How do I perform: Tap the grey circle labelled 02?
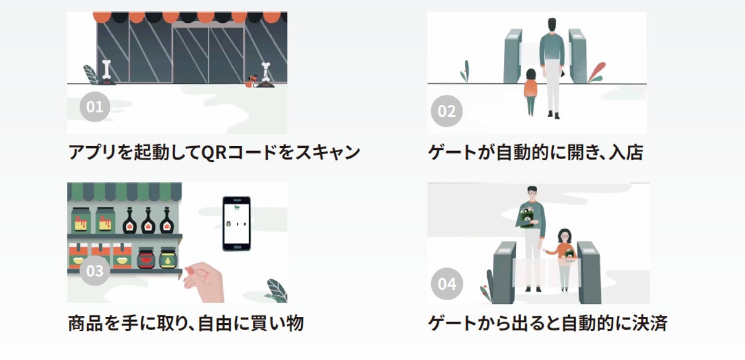point(447,112)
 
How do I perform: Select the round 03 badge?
point(94,271)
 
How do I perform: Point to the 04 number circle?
point(447,284)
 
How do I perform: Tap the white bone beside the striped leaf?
point(107,69)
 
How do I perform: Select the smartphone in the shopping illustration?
point(236,223)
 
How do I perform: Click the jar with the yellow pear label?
point(167,258)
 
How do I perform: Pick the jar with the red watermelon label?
point(146,258)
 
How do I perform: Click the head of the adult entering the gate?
point(551,25)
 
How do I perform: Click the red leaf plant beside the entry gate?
point(596,72)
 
